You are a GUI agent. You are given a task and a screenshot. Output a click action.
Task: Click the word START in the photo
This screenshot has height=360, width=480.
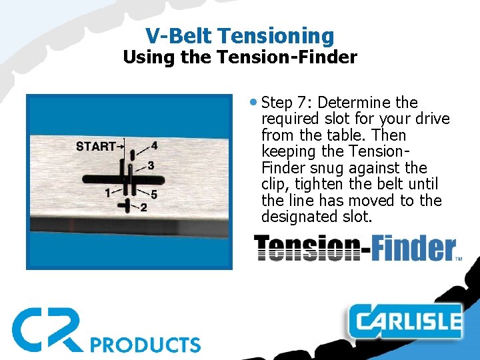point(95,146)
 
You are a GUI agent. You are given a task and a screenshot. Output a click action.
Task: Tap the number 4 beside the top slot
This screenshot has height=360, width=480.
point(155,145)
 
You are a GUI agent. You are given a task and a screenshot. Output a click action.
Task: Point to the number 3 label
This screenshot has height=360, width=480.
point(151,165)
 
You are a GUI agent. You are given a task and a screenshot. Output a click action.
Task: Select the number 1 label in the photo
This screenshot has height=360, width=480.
point(107,193)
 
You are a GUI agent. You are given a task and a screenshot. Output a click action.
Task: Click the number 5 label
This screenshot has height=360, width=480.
point(154,195)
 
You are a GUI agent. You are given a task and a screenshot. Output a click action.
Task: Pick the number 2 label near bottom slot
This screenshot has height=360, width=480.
point(143,207)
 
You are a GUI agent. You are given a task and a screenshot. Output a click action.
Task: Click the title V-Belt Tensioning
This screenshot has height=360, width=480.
point(239,35)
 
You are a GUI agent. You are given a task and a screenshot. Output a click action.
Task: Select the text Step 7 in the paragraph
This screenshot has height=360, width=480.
point(286,103)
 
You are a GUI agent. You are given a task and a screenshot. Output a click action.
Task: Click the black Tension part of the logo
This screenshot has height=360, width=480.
point(303,249)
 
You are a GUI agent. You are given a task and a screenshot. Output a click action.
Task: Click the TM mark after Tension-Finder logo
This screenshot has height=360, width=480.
point(458,257)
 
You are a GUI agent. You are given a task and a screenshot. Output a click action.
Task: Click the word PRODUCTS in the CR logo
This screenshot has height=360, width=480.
point(145,344)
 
